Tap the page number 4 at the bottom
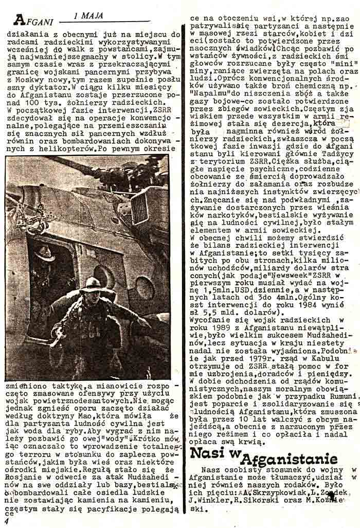click(x=6, y=521)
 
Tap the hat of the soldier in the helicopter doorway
click(x=46, y=253)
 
